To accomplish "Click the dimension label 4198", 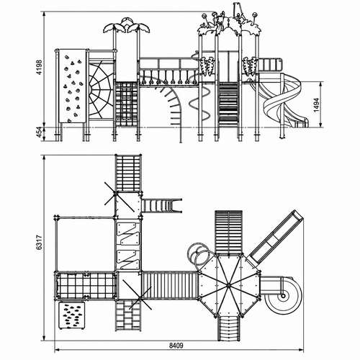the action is click(39, 68).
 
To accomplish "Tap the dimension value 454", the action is click(39, 132).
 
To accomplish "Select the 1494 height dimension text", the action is click(316, 105).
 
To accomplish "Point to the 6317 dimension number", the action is click(40, 243).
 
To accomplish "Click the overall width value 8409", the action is click(176, 346).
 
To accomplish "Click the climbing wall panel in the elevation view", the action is click(72, 86).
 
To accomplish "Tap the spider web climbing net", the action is click(101, 91).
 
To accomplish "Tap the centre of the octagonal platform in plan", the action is click(228, 285).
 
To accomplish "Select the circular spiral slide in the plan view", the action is click(283, 295).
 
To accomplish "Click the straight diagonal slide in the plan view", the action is click(276, 237).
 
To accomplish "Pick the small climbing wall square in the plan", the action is click(72, 315).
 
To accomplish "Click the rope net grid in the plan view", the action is click(86, 286).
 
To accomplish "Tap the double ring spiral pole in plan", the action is click(199, 257).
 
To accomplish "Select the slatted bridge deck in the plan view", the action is click(170, 285).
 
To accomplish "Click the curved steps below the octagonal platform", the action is click(229, 328).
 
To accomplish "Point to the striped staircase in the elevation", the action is click(228, 104).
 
